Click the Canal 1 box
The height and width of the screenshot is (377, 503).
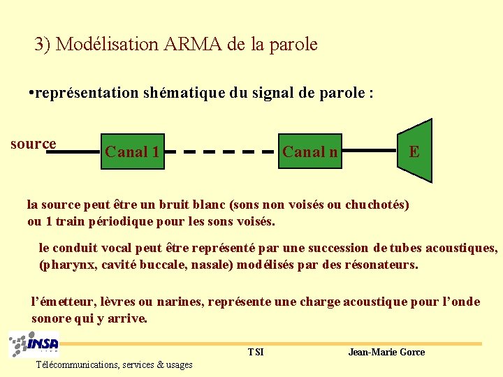point(132,151)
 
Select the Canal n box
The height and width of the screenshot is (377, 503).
point(310,151)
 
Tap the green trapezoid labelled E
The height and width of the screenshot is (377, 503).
point(414,151)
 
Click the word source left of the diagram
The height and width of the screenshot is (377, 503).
point(33,144)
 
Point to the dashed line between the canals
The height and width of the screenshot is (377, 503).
point(221,151)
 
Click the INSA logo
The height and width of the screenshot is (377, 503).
point(34,345)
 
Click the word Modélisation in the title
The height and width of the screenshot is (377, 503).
point(108,45)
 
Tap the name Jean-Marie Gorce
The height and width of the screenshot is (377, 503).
point(386,352)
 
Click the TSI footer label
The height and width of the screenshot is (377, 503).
point(256,352)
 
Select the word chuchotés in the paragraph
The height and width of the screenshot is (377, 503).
point(376,205)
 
